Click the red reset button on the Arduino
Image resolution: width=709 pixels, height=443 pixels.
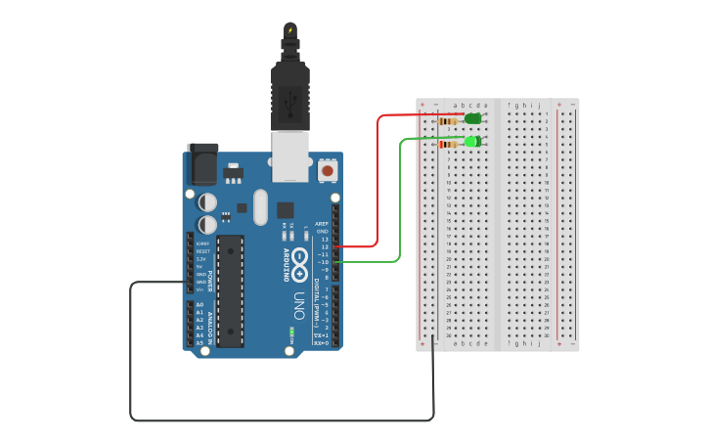(328, 170)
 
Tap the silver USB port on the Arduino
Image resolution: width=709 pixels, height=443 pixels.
(290, 156)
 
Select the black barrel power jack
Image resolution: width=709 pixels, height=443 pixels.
(202, 163)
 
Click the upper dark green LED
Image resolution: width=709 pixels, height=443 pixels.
(473, 118)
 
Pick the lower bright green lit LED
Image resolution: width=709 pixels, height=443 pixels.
(472, 142)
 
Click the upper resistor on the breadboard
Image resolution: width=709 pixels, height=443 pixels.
(450, 121)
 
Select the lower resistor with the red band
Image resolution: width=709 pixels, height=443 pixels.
(449, 145)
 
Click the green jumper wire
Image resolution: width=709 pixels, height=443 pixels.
(400, 205)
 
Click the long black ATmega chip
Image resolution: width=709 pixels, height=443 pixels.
(230, 290)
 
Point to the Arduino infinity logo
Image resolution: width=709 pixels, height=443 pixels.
(300, 263)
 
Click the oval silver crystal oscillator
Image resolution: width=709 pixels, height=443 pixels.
(260, 206)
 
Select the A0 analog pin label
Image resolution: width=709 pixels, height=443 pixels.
(199, 304)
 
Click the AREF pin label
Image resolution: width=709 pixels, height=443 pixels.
(322, 223)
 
